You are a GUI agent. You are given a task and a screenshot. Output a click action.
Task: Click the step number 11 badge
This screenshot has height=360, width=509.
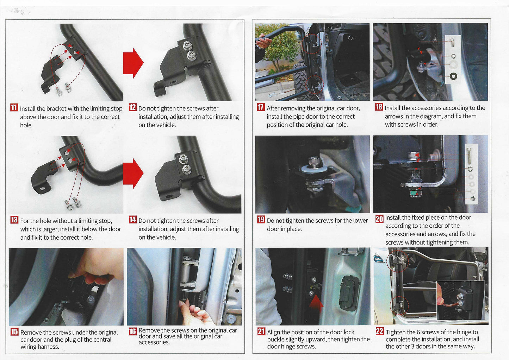point(14,108)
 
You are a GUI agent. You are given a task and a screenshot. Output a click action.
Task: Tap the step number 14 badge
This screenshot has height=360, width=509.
point(132,220)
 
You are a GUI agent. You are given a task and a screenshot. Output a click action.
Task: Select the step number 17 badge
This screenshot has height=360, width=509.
point(261,107)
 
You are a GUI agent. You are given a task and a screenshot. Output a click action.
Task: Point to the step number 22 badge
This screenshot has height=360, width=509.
point(379,331)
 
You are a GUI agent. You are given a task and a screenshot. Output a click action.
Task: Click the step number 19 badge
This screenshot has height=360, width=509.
point(261,220)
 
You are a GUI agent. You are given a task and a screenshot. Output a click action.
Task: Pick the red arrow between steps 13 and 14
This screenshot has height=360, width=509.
point(133,173)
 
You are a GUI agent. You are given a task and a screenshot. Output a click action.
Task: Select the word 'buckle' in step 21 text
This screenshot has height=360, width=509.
point(277,340)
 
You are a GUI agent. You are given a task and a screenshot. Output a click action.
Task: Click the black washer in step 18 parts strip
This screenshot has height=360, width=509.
point(453,76)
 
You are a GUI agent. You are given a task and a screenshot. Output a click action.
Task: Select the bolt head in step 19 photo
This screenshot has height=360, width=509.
point(314,162)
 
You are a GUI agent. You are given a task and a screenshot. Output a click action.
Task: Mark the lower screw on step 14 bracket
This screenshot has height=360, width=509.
point(186,170)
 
